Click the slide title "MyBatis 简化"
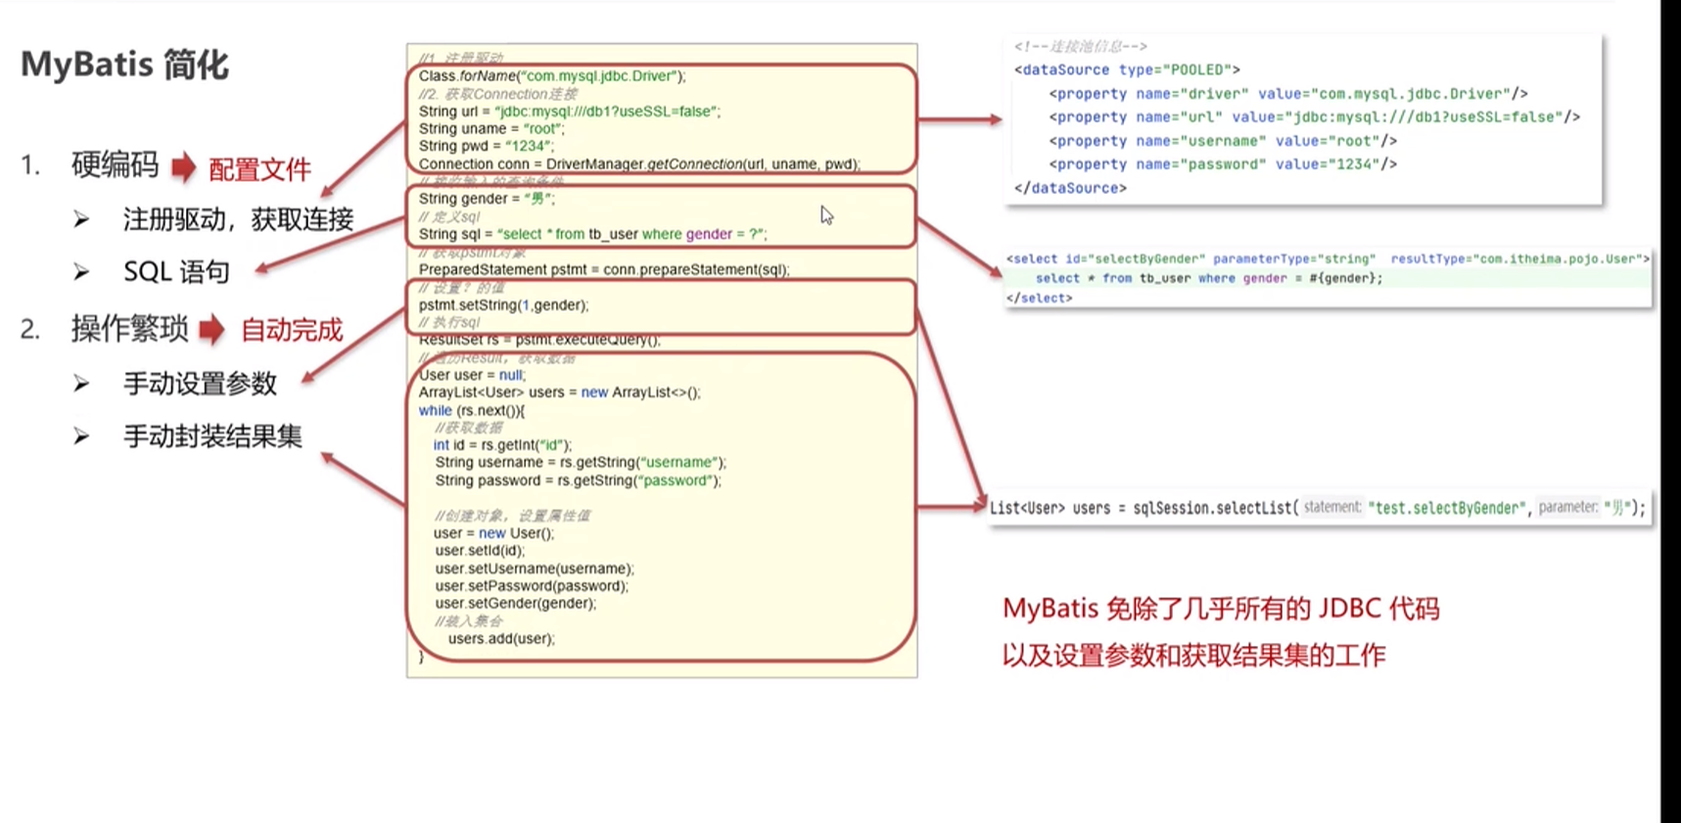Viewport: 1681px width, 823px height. (x=124, y=65)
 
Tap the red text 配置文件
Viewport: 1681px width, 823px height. (x=259, y=169)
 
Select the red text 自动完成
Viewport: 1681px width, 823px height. (x=292, y=330)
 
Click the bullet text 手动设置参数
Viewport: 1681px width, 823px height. (x=200, y=384)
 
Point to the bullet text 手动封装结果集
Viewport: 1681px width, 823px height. (x=212, y=436)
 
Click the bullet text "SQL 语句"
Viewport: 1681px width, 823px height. (x=176, y=272)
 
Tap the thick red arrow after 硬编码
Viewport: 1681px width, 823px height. (x=183, y=167)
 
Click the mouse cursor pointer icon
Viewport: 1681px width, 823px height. (x=826, y=215)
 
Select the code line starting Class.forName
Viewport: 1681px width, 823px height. (x=552, y=76)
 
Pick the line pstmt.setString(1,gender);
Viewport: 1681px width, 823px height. (x=503, y=305)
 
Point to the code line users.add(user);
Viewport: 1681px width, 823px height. (x=501, y=639)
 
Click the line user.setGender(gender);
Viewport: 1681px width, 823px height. (x=515, y=604)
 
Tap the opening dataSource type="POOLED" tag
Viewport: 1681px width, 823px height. (x=1127, y=69)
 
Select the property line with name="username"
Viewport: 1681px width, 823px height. (x=1223, y=141)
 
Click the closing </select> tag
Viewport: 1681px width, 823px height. (x=1039, y=298)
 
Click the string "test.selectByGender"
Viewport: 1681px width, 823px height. (x=1447, y=508)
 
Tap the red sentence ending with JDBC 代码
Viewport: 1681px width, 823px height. (x=1221, y=609)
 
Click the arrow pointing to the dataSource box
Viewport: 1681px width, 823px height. (x=959, y=119)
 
